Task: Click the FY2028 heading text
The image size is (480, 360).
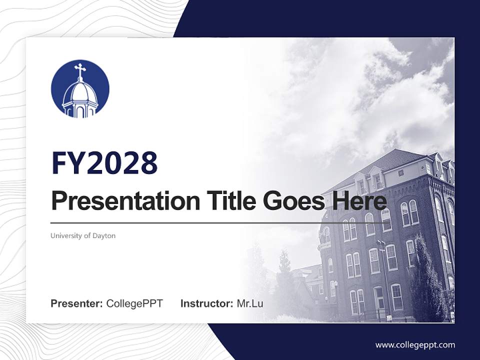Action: coord(104,163)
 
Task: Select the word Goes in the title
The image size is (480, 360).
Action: coord(291,201)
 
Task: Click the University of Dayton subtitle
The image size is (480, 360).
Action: coord(83,235)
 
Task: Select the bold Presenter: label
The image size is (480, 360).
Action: coord(77,303)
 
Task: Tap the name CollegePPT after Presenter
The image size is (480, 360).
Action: coord(134,303)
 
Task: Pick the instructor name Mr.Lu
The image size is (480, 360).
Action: coord(250,303)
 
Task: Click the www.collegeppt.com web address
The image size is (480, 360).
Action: coord(415,344)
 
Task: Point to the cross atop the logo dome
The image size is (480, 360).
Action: coord(79,70)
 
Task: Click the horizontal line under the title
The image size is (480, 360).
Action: coord(200,222)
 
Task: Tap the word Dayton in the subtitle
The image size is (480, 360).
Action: coord(104,235)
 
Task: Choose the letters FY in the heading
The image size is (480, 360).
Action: coord(68,163)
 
